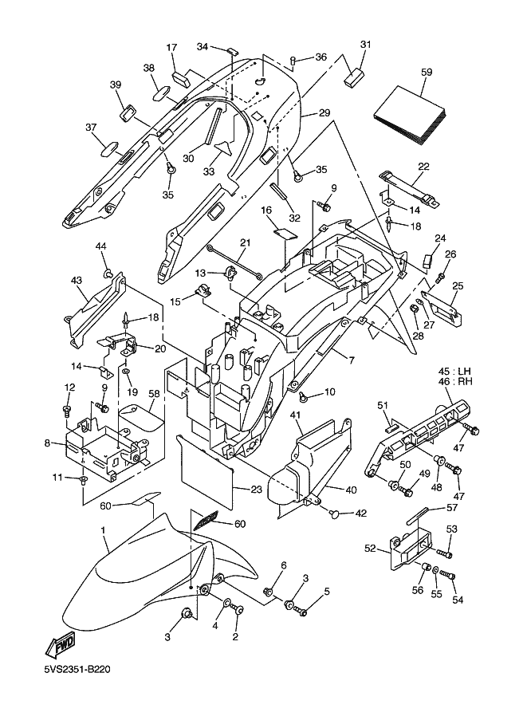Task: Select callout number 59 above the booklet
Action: coord(427,73)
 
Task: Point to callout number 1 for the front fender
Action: coord(103,530)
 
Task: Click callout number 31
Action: coord(366,45)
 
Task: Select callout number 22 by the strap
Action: coord(423,166)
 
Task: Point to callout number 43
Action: coord(77,281)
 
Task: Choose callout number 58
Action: coord(154,394)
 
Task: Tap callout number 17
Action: coord(171,49)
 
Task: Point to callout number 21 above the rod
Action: coord(245,243)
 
